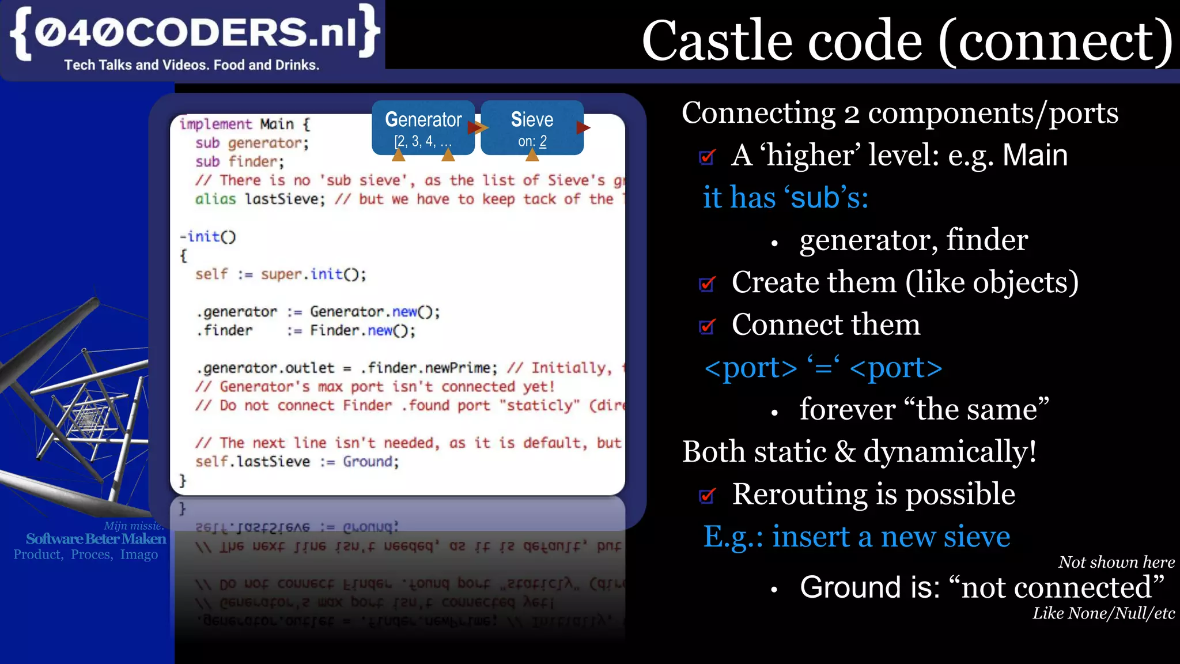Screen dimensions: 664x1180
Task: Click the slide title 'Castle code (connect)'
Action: click(x=907, y=40)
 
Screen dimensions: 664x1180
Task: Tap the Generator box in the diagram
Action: click(x=423, y=127)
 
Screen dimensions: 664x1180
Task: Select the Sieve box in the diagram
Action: click(x=531, y=127)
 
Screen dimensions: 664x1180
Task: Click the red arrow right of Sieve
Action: click(x=583, y=127)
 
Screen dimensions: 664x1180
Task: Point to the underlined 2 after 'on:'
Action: click(x=543, y=141)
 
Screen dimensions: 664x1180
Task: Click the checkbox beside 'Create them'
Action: click(x=707, y=284)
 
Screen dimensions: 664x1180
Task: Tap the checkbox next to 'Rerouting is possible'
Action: click(x=707, y=495)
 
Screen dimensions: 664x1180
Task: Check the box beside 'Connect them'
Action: click(x=707, y=326)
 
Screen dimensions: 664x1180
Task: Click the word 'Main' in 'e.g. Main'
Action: click(x=1035, y=155)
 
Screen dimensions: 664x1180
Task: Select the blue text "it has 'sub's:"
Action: click(x=785, y=198)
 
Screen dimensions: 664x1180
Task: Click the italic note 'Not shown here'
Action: click(x=1116, y=562)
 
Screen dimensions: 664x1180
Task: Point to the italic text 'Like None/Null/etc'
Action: click(x=1103, y=613)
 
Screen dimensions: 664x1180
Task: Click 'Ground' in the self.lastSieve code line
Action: click(x=370, y=462)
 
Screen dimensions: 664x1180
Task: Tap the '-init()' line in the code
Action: click(x=207, y=236)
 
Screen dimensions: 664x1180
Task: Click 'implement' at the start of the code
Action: click(x=215, y=124)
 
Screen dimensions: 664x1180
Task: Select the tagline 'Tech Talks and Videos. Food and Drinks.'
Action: click(x=191, y=65)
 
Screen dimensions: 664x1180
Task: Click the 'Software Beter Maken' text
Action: click(x=96, y=539)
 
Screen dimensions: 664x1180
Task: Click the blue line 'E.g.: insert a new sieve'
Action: click(x=856, y=537)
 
